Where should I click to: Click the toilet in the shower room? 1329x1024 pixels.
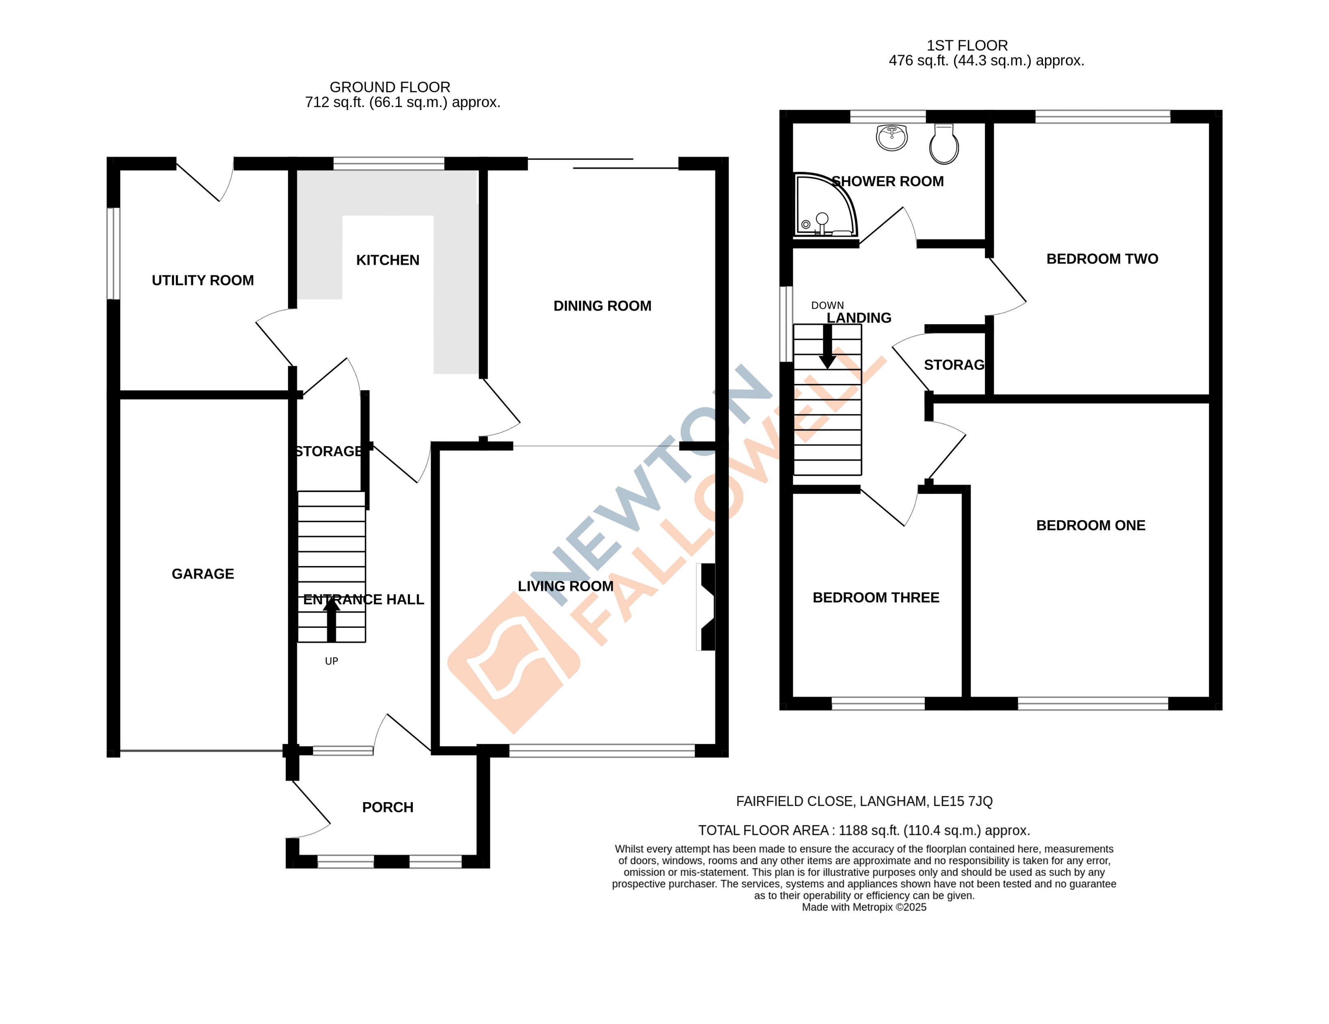point(944,145)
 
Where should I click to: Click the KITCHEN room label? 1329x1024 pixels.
point(388,260)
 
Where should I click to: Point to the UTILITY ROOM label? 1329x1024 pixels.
point(203,280)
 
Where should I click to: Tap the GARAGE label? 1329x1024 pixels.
point(203,574)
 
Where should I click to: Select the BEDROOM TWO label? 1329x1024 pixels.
point(1102,259)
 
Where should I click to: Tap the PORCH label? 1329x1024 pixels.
point(388,807)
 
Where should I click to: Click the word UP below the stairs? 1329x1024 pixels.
point(331,662)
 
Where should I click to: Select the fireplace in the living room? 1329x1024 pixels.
point(707,607)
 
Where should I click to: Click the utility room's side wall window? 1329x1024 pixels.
point(113,254)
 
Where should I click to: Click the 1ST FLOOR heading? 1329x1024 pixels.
point(967,46)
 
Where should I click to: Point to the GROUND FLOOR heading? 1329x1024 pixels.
point(390,87)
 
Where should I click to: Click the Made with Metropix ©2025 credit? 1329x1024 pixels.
point(863,907)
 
